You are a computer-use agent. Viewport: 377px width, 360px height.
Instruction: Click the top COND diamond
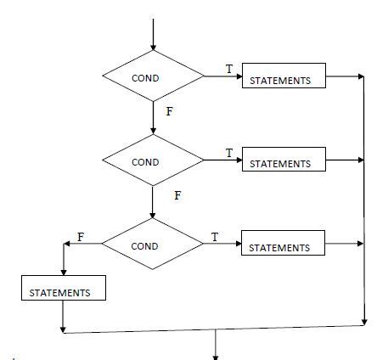(x=153, y=76)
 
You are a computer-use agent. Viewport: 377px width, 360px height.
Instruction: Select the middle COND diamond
(x=153, y=160)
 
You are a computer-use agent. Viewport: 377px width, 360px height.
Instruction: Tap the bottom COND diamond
(x=153, y=244)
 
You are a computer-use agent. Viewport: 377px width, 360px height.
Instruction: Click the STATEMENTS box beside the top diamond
(x=284, y=76)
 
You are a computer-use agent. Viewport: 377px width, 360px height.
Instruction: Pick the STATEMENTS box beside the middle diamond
(x=284, y=159)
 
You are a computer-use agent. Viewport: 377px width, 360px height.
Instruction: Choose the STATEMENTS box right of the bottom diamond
(x=283, y=243)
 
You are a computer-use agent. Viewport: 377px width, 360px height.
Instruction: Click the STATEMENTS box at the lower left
(x=64, y=288)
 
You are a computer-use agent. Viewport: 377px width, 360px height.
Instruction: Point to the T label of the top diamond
(x=229, y=69)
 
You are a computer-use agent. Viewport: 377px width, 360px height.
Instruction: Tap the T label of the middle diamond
(x=229, y=153)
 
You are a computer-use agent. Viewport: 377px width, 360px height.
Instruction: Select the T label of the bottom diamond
(x=215, y=237)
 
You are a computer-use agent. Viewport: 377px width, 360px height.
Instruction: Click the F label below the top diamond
(x=169, y=111)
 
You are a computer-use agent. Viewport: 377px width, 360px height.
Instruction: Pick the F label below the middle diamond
(x=177, y=195)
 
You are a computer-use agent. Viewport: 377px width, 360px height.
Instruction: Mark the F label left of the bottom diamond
(x=81, y=237)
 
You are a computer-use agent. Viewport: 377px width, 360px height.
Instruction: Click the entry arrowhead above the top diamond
(x=153, y=48)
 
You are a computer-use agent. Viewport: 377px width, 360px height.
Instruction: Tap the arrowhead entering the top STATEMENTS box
(x=239, y=76)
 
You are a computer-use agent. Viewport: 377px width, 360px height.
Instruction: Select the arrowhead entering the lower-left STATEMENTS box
(x=64, y=273)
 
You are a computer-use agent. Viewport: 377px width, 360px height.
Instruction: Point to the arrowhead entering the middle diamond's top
(x=153, y=131)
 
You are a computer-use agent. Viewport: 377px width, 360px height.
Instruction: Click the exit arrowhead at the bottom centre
(x=216, y=357)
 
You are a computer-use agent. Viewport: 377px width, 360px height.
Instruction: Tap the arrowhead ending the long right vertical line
(x=364, y=322)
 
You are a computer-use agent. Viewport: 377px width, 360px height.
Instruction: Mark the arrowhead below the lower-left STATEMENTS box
(x=63, y=329)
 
